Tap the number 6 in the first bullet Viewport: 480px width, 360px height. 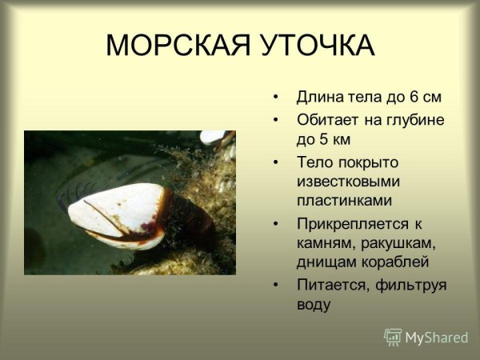coord(414,98)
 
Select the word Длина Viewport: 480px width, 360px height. coord(318,98)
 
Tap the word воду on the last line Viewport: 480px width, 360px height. coord(313,304)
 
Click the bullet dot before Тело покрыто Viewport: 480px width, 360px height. coord(276,162)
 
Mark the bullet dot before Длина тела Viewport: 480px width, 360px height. coord(276,98)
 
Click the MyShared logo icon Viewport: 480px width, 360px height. coord(393,337)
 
